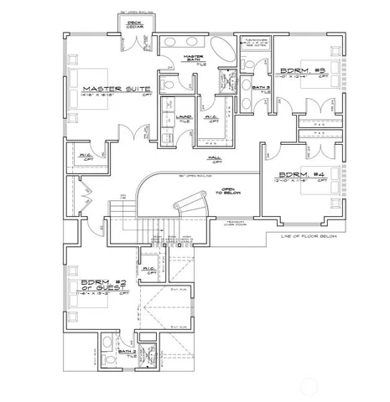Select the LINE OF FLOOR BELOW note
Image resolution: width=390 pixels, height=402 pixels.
pos(305,237)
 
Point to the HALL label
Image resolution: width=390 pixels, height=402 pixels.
pos(216,157)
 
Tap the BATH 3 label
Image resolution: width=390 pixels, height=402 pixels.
pos(261,86)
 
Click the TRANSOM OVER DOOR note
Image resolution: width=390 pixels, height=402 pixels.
pos(236,223)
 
